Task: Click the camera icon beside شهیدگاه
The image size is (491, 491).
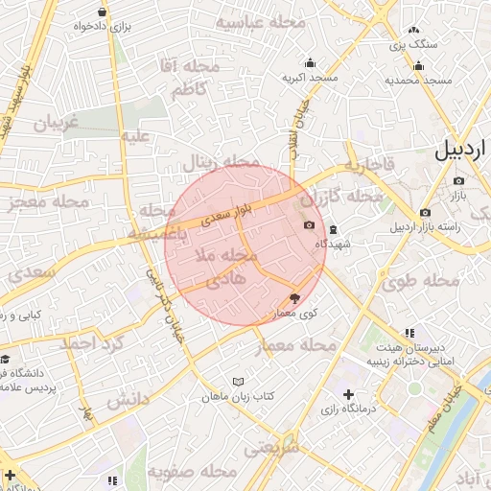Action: click(309, 225)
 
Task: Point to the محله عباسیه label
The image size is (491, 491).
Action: click(260, 21)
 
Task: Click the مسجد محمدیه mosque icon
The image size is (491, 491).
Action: click(418, 66)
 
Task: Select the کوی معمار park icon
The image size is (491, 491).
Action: click(294, 299)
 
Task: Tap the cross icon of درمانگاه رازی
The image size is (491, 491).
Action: click(347, 394)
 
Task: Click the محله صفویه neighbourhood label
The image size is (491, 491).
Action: click(192, 472)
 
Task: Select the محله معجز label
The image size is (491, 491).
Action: click(49, 202)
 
